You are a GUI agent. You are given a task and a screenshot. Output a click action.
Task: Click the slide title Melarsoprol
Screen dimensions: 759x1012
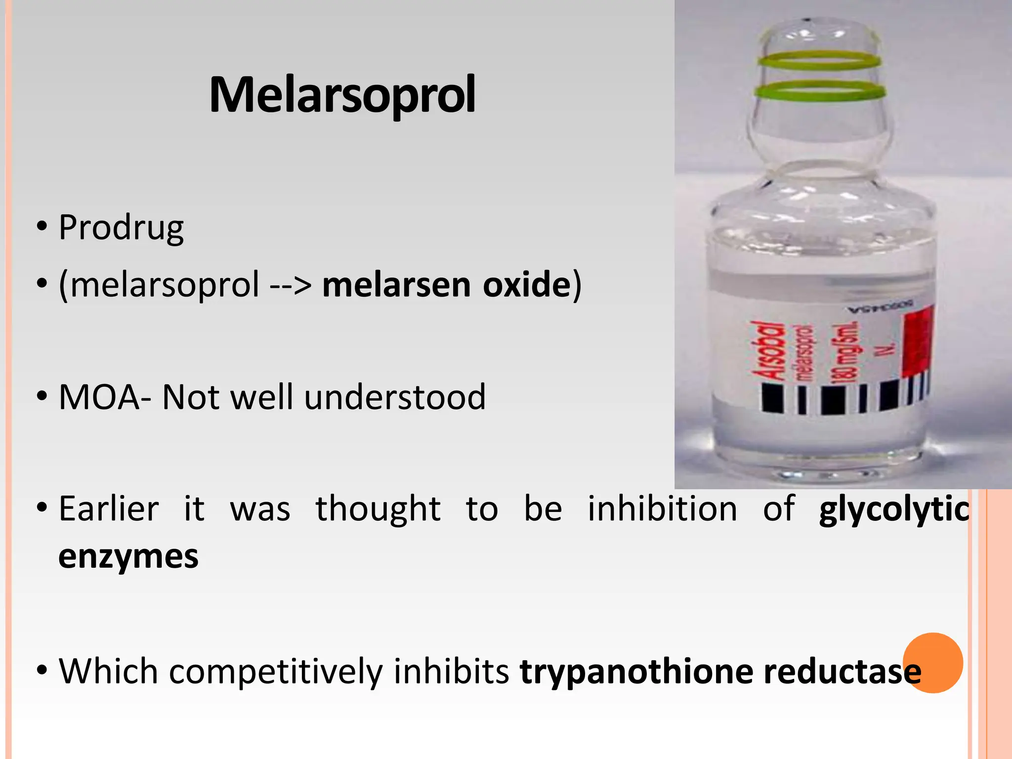pos(342,95)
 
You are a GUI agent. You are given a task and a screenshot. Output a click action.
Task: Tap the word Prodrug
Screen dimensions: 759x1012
pos(121,228)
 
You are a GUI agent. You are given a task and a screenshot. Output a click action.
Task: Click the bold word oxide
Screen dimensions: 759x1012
pos(527,285)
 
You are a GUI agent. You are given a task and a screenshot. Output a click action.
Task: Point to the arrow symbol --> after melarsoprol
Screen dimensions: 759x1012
pos(291,286)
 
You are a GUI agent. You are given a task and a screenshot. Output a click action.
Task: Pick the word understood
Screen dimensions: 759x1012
pos(395,397)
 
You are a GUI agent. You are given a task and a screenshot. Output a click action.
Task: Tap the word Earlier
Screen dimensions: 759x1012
pos(109,508)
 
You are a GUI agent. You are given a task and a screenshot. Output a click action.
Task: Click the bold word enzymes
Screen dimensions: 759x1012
pos(128,557)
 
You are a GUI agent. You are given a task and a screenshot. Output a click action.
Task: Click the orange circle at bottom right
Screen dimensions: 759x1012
pos(933,663)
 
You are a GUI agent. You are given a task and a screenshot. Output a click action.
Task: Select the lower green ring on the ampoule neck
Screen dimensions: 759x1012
pos(820,91)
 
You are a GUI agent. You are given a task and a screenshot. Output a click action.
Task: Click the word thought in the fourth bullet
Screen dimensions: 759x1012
pos(378,508)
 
